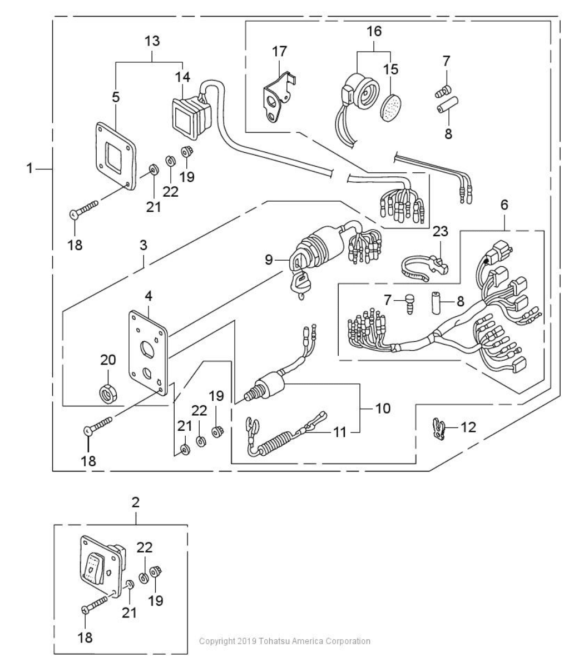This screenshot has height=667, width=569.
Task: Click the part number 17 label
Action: click(x=280, y=51)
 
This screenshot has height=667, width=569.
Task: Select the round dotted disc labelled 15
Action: click(x=390, y=107)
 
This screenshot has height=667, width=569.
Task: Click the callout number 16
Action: click(x=374, y=31)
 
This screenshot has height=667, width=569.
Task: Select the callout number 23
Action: click(x=441, y=231)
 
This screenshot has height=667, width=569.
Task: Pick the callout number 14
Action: click(x=183, y=77)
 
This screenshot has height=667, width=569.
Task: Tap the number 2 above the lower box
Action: click(x=136, y=502)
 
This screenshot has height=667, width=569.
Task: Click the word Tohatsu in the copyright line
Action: click(x=274, y=641)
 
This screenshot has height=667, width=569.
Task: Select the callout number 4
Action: click(x=149, y=296)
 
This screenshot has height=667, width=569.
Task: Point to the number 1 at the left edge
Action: click(x=29, y=168)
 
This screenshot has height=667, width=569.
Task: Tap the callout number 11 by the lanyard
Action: click(x=339, y=432)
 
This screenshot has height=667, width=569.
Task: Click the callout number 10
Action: click(x=383, y=409)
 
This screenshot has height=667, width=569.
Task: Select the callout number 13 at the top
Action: click(x=152, y=41)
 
